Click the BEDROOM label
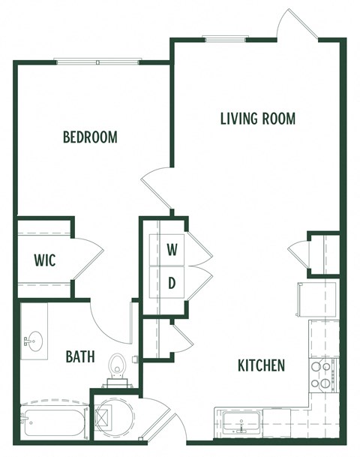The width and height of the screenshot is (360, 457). [x=90, y=137]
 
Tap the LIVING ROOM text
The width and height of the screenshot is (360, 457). [x=257, y=119]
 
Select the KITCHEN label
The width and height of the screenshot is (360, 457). [x=261, y=365]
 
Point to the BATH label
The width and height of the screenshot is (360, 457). [x=79, y=356]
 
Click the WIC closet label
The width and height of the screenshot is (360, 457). [x=45, y=260]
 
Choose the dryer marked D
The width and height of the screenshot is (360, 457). [x=172, y=282]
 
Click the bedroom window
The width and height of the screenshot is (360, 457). [x=97, y=62]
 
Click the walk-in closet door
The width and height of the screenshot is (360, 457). [x=87, y=261]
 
